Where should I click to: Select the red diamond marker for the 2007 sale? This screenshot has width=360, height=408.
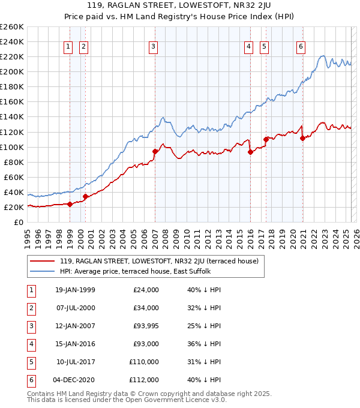coord(155,152)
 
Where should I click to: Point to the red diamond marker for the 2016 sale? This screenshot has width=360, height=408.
coord(250,152)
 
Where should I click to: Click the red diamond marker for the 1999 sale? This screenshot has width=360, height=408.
coord(70,204)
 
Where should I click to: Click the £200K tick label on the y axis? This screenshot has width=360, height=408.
coord(12,71)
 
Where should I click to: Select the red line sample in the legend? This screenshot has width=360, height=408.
coord(43,261)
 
